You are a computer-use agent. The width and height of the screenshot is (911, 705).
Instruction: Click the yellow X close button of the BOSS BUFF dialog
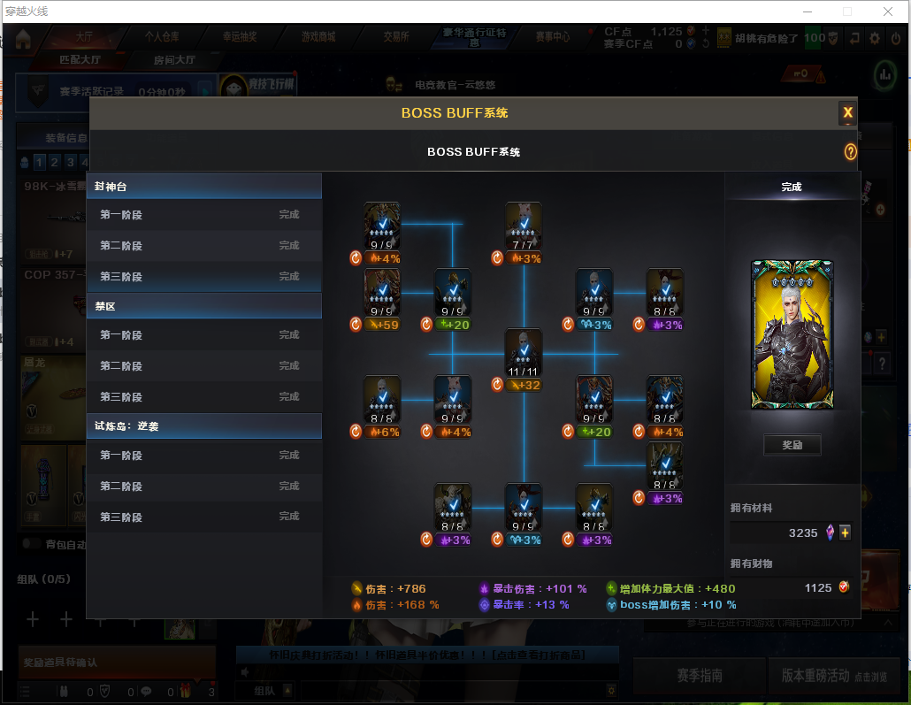[847, 112]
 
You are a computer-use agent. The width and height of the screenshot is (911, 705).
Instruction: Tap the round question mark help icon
[851, 152]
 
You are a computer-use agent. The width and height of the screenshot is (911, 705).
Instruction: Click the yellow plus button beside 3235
[845, 533]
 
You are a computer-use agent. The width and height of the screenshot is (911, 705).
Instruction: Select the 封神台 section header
[203, 187]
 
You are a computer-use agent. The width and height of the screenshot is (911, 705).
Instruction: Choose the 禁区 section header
[203, 307]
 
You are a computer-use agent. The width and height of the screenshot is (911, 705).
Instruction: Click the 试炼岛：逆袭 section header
[203, 426]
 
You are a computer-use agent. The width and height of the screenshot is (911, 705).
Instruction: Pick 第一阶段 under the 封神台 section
[203, 214]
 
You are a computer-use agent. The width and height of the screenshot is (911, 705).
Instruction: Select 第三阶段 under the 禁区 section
[203, 397]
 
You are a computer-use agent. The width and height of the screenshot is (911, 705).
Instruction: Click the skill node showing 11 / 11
[524, 352]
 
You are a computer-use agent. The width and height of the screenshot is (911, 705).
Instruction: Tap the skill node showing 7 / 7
[524, 226]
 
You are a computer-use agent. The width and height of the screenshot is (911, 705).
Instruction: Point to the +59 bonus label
[382, 325]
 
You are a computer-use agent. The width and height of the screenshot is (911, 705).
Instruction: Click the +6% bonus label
[382, 433]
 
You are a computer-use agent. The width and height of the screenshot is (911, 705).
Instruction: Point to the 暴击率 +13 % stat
[530, 605]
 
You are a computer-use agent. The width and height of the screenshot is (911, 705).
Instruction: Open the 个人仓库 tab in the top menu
[162, 37]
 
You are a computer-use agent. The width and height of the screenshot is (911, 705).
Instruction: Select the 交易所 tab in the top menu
[395, 37]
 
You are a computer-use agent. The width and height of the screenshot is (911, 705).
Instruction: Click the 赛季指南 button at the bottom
[699, 675]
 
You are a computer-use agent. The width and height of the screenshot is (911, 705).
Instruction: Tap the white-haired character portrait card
[792, 334]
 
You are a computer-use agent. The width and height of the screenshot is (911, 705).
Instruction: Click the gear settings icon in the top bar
[875, 38]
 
